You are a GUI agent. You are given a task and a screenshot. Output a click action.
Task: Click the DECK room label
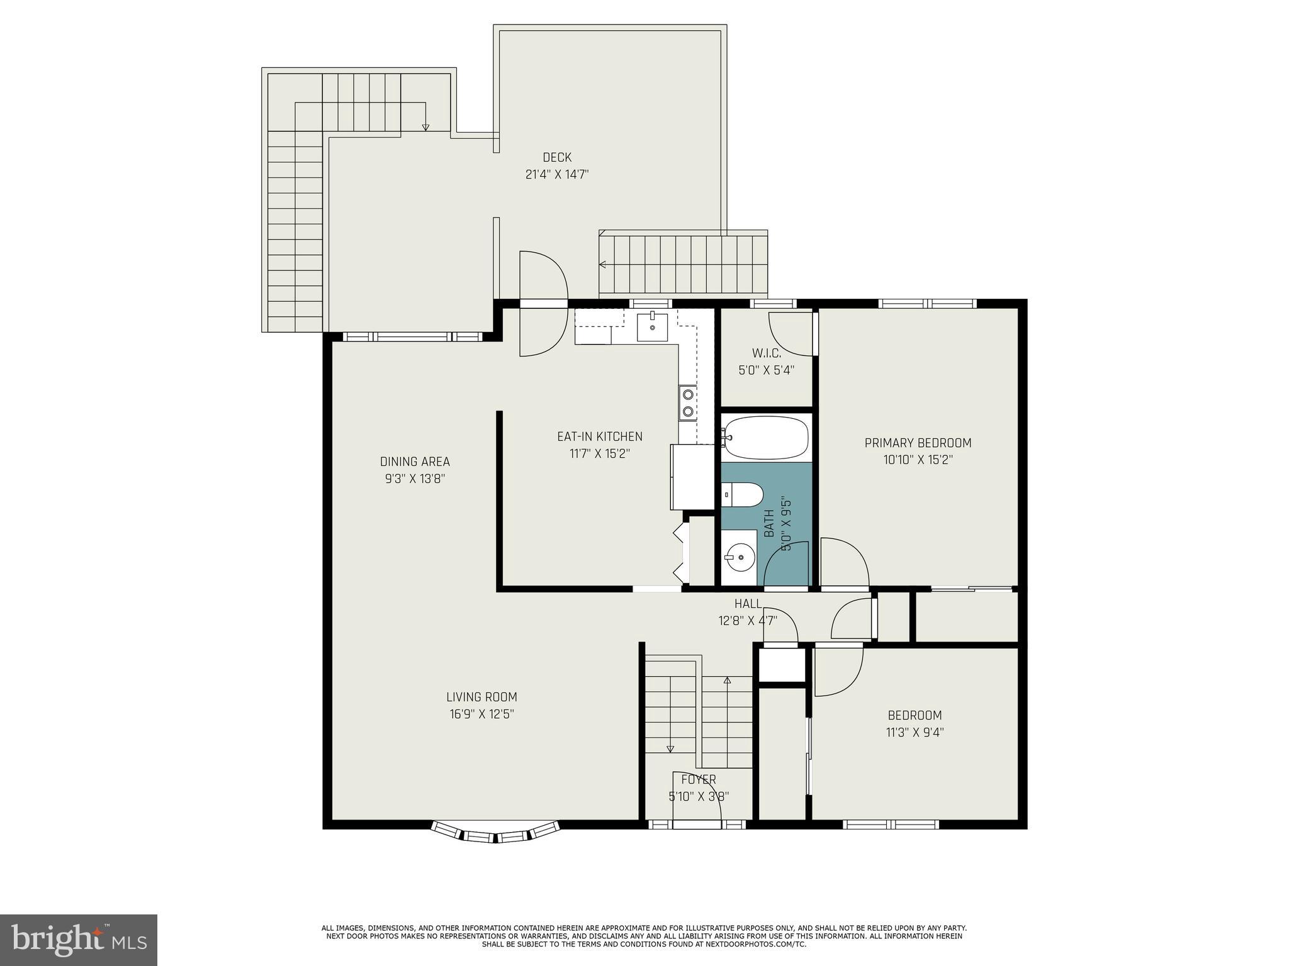[x=557, y=157]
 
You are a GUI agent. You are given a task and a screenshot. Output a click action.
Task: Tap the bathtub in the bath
[x=766, y=436]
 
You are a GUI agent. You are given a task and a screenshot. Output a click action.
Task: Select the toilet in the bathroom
[x=743, y=494]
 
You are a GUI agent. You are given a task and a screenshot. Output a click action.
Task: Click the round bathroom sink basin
[x=740, y=557]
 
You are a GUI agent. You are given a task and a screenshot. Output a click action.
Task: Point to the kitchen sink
[x=652, y=327]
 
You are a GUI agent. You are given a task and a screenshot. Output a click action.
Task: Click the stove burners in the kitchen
[x=688, y=402]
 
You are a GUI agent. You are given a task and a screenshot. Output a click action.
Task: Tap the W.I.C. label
[x=766, y=353]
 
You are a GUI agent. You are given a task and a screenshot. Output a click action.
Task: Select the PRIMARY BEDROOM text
[x=918, y=443]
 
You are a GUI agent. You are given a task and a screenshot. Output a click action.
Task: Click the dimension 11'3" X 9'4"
[x=915, y=732]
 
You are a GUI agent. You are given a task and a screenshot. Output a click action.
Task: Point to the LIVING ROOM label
[x=481, y=697]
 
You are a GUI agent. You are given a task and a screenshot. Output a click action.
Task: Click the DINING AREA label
[x=415, y=462]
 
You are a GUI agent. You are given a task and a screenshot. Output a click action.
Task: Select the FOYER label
[x=699, y=780]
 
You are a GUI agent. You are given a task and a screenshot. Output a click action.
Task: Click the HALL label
[x=748, y=604]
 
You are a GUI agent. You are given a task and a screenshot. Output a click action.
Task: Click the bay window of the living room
[x=495, y=831]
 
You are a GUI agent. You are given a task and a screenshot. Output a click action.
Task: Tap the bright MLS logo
[x=79, y=940]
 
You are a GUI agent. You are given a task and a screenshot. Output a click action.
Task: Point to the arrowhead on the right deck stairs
[x=602, y=265]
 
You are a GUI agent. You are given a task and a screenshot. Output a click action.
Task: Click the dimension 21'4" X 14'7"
[x=557, y=174]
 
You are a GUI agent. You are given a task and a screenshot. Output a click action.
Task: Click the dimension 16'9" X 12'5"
[x=481, y=714]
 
